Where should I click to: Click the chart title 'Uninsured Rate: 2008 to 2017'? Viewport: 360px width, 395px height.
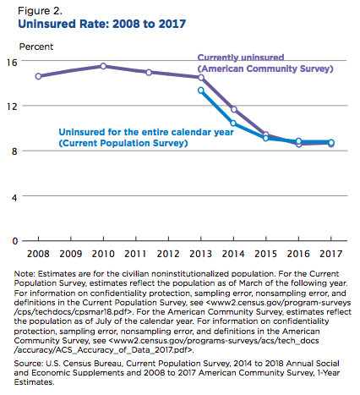click(101, 24)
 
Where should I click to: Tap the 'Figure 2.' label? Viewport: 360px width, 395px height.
click(40, 11)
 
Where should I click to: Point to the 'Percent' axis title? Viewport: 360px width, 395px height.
click(36, 47)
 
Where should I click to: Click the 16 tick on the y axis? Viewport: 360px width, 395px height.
click(13, 63)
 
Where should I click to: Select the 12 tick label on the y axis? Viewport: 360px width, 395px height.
click(13, 107)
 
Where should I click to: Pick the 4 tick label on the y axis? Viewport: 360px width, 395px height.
click(14, 197)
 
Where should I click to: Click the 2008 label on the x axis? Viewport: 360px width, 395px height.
click(38, 254)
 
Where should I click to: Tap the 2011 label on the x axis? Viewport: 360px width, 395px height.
click(135, 254)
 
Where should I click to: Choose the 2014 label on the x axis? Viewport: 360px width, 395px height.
click(233, 254)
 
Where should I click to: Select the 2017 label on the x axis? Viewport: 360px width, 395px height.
click(331, 254)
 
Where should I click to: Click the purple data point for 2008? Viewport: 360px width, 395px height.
click(38, 76)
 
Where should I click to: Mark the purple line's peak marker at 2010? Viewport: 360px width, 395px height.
click(103, 66)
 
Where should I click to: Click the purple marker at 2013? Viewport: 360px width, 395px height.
click(201, 77)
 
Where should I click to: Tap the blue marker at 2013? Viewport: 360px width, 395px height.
click(201, 91)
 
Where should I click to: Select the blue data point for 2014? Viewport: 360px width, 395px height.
click(233, 123)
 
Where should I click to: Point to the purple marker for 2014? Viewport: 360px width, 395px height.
click(234, 109)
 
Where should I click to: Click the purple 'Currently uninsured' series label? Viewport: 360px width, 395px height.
click(241, 58)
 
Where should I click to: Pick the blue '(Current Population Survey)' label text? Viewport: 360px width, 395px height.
click(123, 143)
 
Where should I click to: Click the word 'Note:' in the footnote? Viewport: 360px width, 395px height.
click(25, 274)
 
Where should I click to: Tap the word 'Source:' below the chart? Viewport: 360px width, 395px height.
click(29, 363)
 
